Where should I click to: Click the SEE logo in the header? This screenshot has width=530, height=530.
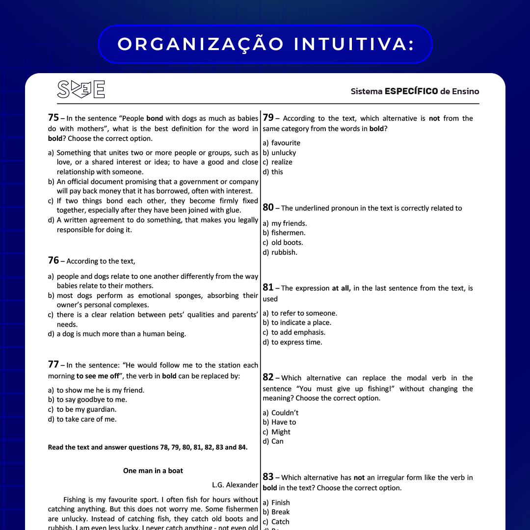[81, 89]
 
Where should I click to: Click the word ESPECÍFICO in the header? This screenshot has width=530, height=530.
[411, 91]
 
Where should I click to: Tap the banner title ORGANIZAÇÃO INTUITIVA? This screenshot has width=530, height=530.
[265, 44]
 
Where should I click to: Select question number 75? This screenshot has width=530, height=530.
[53, 118]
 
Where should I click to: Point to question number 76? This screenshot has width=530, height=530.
[53, 261]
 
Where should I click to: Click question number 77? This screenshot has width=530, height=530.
[53, 365]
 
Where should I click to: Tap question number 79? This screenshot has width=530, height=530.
[268, 118]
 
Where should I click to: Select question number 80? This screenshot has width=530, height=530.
[268, 208]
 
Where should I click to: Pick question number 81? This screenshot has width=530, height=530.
[268, 288]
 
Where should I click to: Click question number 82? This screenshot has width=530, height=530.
[268, 377]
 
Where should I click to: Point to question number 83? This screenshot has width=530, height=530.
[268, 477]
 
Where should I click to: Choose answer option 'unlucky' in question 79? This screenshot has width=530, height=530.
[284, 153]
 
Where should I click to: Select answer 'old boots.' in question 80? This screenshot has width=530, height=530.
[287, 242]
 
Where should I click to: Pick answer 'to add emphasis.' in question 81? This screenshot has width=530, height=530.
[298, 332]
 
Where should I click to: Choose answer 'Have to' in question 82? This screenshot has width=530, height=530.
[284, 422]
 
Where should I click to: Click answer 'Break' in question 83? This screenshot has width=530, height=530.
[280, 512]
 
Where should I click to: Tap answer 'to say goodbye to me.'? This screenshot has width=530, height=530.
[91, 399]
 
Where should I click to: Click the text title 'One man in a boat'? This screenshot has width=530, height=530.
[153, 471]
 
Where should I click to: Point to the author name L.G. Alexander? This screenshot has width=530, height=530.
[235, 485]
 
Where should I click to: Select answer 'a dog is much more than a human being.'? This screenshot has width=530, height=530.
[121, 334]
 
